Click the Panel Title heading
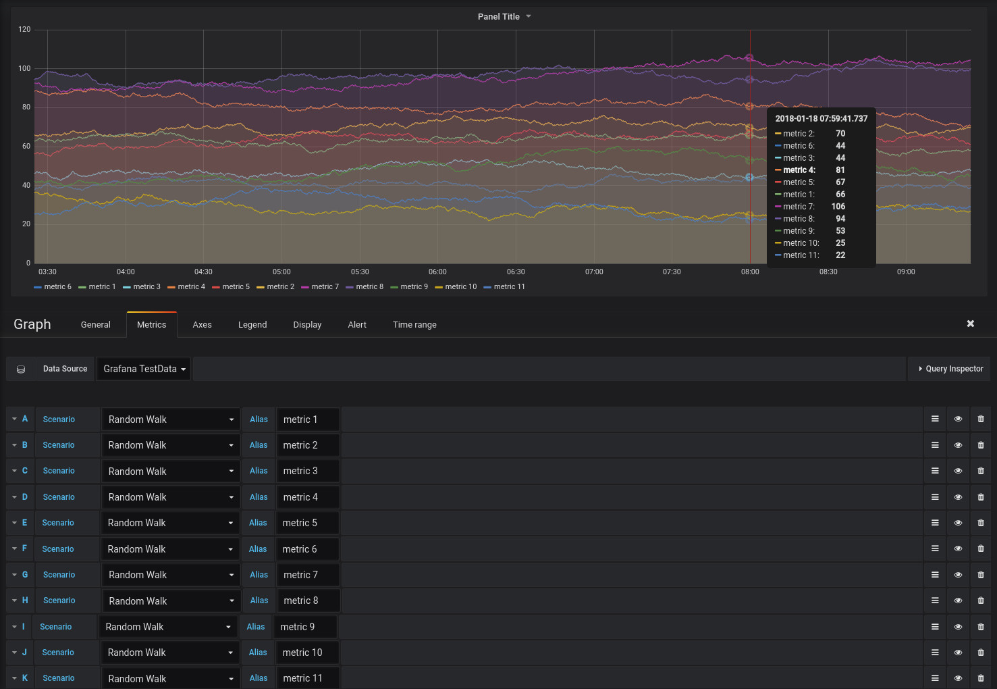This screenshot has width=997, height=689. [x=499, y=17]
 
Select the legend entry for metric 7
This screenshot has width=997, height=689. [x=321, y=287]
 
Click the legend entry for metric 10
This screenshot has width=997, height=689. [x=456, y=287]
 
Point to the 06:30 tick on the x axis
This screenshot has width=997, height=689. [x=516, y=272]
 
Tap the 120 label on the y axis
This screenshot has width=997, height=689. [x=24, y=30]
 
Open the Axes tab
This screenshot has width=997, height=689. [x=202, y=325]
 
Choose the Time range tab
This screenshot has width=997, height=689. [x=414, y=325]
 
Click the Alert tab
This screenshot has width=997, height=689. [x=357, y=325]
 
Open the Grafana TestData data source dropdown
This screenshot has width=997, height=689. [x=144, y=369]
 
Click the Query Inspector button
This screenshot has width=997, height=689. [x=951, y=369]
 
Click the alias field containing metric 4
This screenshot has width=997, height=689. [x=308, y=497]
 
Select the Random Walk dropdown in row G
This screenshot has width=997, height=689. [x=171, y=575]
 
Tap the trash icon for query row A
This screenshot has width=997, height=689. [x=981, y=419]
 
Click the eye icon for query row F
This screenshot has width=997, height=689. [x=958, y=549]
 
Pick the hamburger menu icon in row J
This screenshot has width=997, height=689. [x=935, y=653]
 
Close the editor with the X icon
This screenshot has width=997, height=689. [x=971, y=324]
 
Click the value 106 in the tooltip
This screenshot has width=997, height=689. [x=838, y=207]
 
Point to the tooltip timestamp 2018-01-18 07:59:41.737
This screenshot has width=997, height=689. [x=821, y=119]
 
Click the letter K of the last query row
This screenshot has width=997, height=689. [x=25, y=678]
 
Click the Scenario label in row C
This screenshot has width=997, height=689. [x=59, y=471]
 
